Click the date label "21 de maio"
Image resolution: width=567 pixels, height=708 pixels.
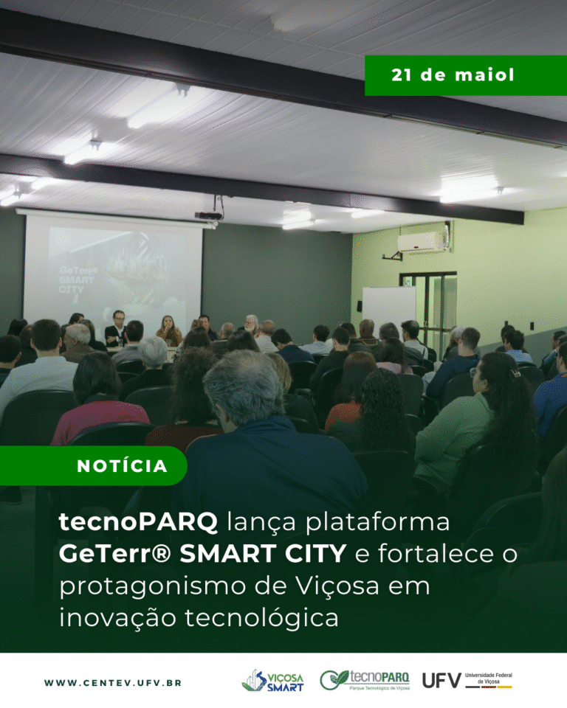pos(453,75)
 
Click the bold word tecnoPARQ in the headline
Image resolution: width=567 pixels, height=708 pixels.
pos(138,521)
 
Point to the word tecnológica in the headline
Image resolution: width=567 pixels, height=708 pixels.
pos(261,618)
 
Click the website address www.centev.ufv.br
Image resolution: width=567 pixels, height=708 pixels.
pos(113,683)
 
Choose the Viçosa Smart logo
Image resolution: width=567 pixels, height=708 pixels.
pos(272,681)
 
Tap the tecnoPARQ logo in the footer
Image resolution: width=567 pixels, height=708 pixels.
pos(365,680)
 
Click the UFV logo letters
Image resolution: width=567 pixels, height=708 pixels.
pos(441,681)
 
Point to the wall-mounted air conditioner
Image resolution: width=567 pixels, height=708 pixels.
pos(422,243)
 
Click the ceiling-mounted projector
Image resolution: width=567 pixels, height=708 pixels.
pos(208,215)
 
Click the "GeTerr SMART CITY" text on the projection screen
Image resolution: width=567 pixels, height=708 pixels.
pos(78,280)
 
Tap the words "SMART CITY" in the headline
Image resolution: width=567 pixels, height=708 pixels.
pos(263,554)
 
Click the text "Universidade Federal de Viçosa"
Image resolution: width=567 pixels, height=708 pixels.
pos(489,678)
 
